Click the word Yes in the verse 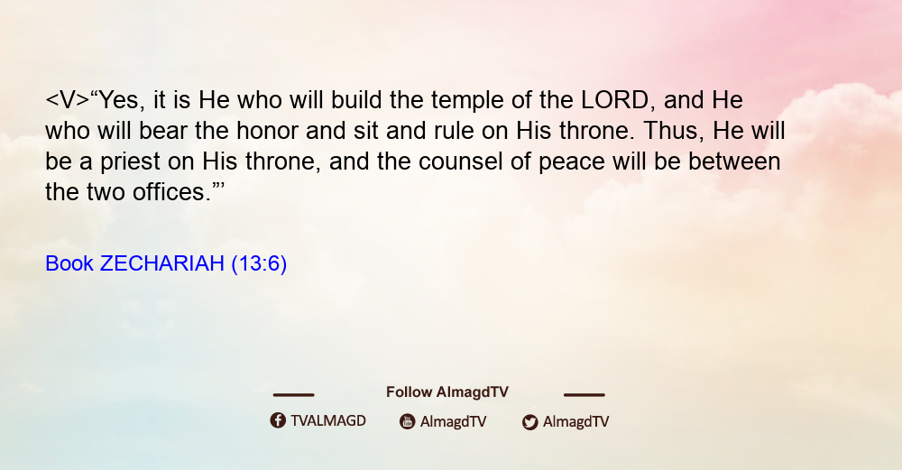coord(118,100)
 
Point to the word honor coord(267,131)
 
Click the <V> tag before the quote coord(68,100)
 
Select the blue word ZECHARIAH coord(161,263)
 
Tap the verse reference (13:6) coord(259,264)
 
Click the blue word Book coord(69,263)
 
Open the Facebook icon coord(278,420)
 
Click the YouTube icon coord(408,421)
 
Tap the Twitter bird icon coord(529,422)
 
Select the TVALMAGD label coord(328,420)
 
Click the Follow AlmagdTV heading coord(447,392)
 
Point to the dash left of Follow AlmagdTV coord(293,394)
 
